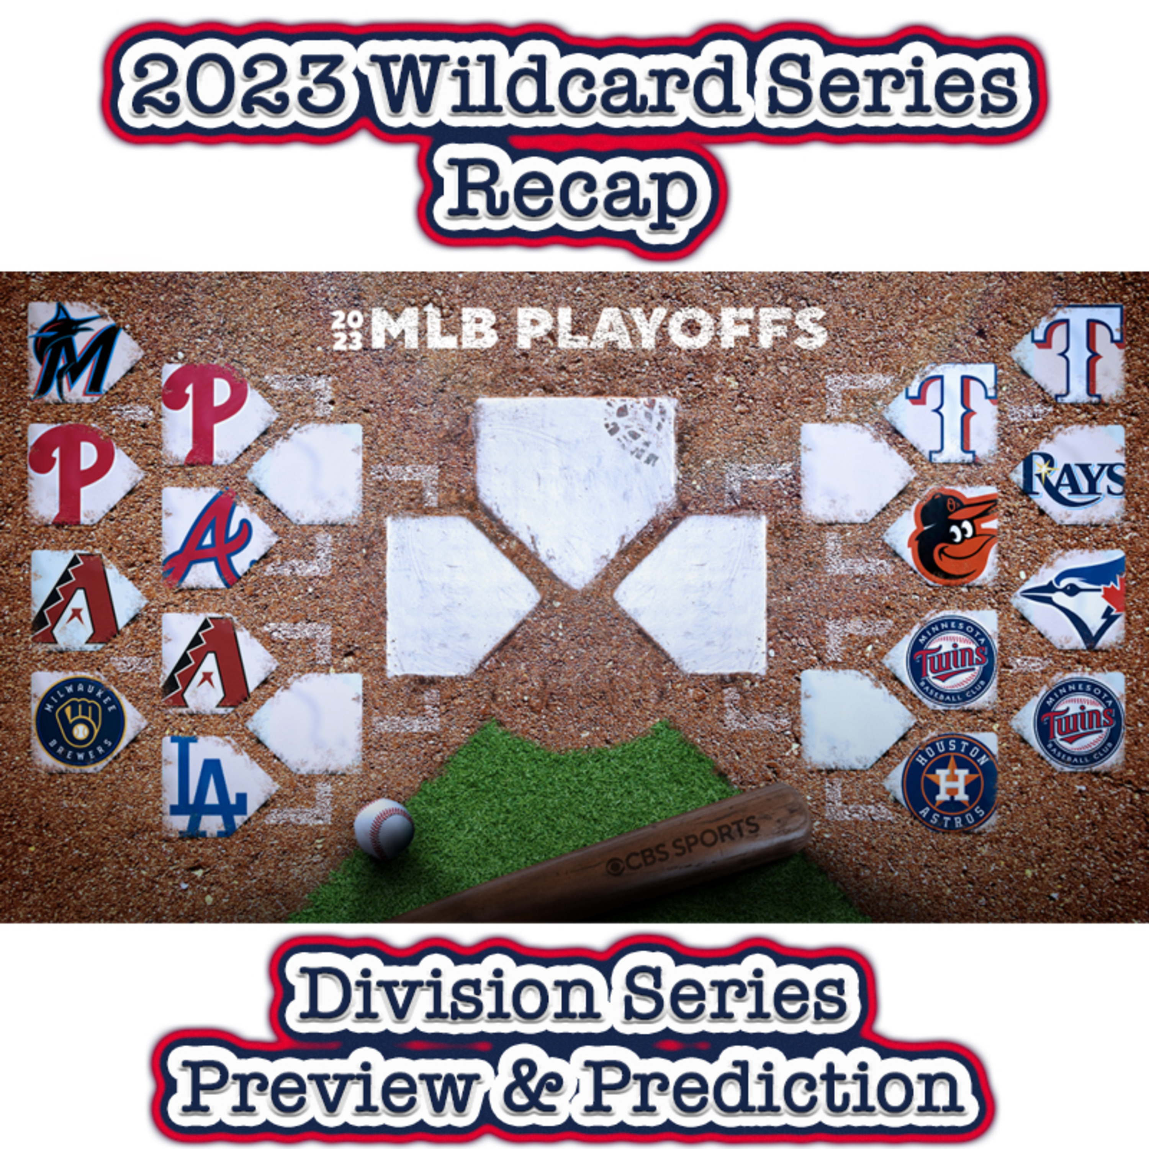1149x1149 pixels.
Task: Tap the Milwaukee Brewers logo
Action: point(80,722)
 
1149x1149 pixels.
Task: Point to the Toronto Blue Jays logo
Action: point(1074,601)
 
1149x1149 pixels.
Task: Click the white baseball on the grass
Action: point(384,828)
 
